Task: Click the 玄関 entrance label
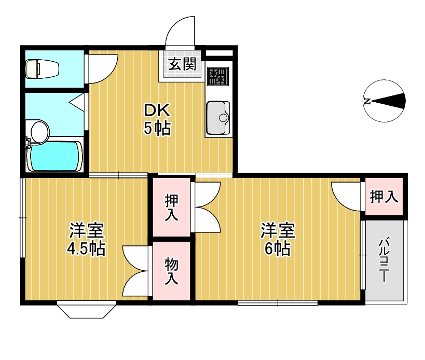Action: pos(182,65)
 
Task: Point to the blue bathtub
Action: pos(55,156)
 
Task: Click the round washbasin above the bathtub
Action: pos(39,130)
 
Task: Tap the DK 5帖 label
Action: pos(157,120)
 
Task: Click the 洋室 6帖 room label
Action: pos(278,239)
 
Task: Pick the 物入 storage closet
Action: pos(172,271)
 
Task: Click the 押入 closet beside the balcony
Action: pos(384,197)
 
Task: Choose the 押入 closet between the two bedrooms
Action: pos(172,207)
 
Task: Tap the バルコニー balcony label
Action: pos(384,260)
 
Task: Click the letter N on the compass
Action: pos(367,101)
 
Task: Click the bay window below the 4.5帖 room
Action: pos(86,310)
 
